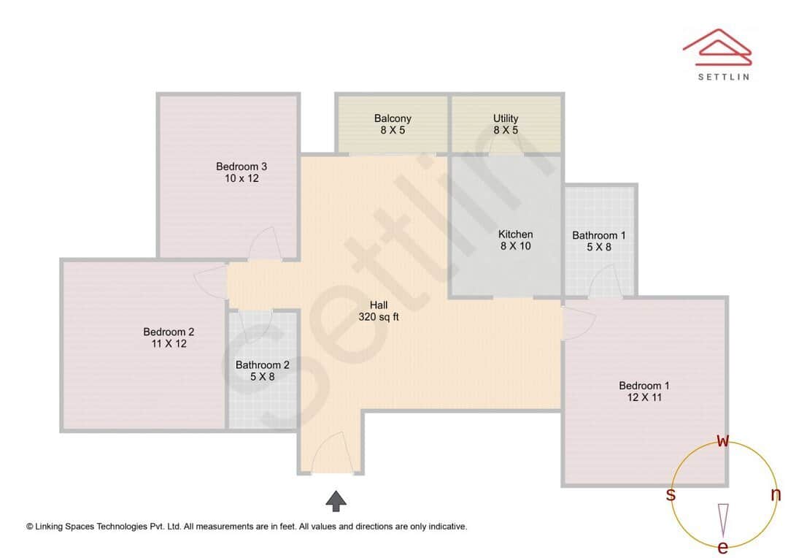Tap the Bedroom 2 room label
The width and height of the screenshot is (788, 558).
(x=169, y=337)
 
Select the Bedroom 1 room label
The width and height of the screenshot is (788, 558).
(x=644, y=391)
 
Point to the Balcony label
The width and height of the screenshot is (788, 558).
(x=393, y=124)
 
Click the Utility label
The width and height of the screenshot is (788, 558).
(x=506, y=124)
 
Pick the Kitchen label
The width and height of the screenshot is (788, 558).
(x=515, y=240)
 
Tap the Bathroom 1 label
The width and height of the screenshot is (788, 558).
(x=598, y=241)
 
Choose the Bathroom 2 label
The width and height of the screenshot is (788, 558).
(x=262, y=371)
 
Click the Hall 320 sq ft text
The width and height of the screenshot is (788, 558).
(x=379, y=311)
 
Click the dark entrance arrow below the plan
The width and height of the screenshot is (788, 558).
(x=336, y=500)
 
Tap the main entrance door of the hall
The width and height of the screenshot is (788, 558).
(x=333, y=454)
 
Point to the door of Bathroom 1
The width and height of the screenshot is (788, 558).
(x=605, y=281)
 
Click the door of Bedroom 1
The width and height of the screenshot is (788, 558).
(x=579, y=321)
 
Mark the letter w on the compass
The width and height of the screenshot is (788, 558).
(x=723, y=440)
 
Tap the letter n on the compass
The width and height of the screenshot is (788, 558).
(x=776, y=494)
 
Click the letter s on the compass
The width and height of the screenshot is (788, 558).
(x=671, y=494)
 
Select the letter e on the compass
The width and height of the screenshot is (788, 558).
(x=723, y=547)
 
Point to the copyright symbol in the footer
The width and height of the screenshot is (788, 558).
(x=30, y=526)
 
